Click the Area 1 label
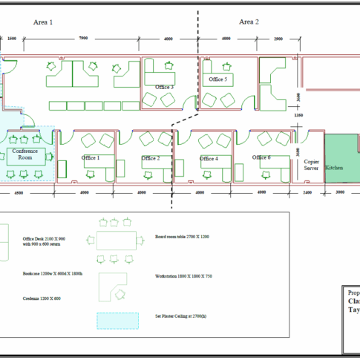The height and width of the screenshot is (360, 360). (x=43, y=22)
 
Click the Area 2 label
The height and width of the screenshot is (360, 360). (x=249, y=22)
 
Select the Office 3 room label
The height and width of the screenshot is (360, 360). (x=164, y=87)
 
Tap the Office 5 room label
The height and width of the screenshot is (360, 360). (x=217, y=79)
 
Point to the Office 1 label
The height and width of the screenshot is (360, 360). (x=91, y=158)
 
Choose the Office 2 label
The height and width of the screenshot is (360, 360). (x=151, y=158)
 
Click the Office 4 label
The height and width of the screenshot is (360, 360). (x=208, y=158)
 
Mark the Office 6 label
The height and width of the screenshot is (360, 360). (x=261, y=157)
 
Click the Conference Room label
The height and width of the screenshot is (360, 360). (x=24, y=154)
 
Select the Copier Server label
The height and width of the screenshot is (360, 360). (x=311, y=164)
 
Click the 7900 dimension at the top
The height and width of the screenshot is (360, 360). (x=82, y=37)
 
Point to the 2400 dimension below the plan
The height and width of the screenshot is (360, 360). (x=307, y=193)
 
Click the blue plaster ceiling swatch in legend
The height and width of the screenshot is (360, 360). (x=117, y=320)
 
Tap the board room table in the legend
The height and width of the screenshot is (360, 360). (x=116, y=240)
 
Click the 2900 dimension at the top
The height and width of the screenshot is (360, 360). (x=278, y=37)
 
